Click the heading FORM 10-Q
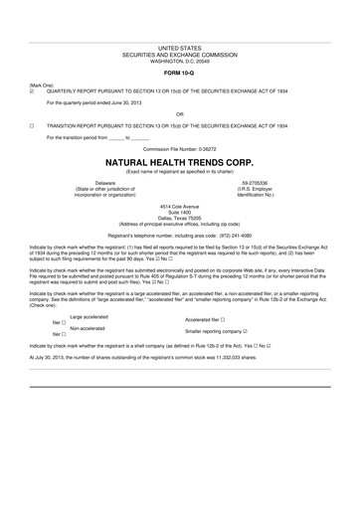(x=179, y=72)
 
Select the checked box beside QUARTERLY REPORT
(x=33, y=89)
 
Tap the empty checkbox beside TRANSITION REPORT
(x=33, y=126)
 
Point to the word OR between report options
(x=179, y=113)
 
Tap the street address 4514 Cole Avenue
(x=179, y=205)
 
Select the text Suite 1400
(x=179, y=211)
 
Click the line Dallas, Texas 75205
(x=179, y=217)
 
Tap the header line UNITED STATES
(x=179, y=47)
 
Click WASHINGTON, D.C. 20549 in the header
(x=179, y=59)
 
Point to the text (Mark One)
(x=41, y=84)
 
